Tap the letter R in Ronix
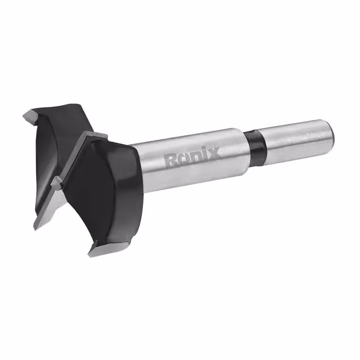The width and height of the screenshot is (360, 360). [x=171, y=160]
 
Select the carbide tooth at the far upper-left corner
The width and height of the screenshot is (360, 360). [x=29, y=115]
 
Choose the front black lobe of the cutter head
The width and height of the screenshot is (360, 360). [x=98, y=187]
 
